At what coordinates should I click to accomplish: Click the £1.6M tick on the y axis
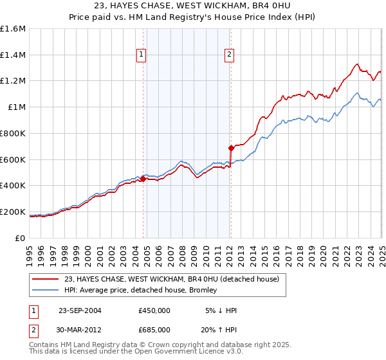click(x=13, y=29)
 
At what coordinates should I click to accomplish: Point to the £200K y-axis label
click(x=13, y=212)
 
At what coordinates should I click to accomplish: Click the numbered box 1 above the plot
click(x=142, y=55)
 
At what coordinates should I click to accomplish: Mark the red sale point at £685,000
click(x=231, y=148)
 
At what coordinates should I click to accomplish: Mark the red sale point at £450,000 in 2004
click(x=143, y=179)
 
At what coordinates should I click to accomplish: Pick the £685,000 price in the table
click(x=154, y=330)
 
